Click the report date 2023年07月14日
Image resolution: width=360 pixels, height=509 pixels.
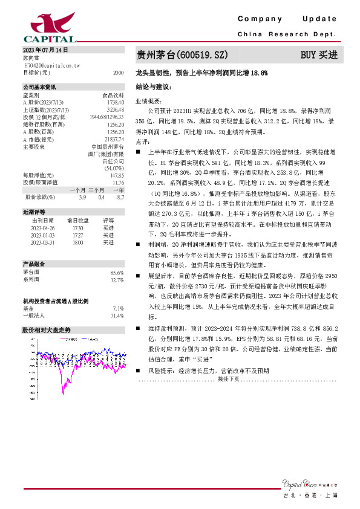point(46,50)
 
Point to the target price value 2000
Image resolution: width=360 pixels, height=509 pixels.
point(118,72)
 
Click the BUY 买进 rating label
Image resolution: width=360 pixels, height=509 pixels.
point(319,55)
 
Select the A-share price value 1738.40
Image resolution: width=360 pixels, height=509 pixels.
point(115,103)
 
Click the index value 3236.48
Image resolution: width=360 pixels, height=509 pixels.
point(115,109)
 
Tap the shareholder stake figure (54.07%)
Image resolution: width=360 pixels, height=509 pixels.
point(114,167)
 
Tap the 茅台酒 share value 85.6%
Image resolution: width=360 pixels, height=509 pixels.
point(117,273)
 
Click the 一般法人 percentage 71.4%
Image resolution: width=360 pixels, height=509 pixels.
point(117,316)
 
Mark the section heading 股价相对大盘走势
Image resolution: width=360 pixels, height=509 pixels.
point(46,330)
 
